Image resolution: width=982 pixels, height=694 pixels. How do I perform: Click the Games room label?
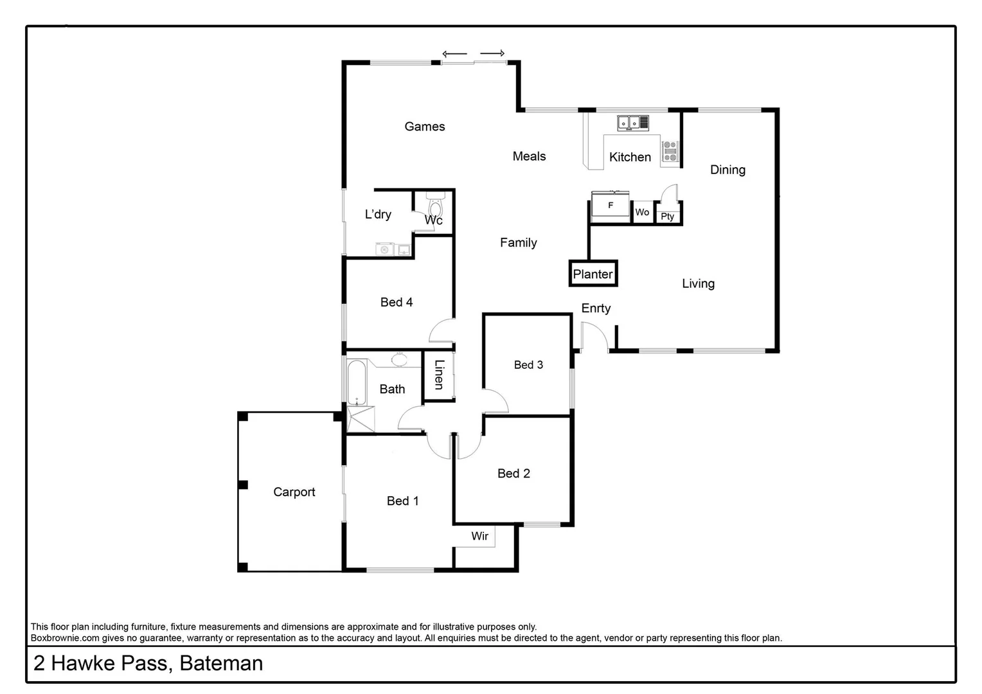pyautogui.click(x=424, y=127)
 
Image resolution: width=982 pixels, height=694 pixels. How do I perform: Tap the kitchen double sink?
pyautogui.click(x=629, y=122)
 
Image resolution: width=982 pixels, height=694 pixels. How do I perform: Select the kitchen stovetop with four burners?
pyautogui.click(x=670, y=151)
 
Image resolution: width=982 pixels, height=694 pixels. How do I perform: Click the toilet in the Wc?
pyautogui.click(x=435, y=207)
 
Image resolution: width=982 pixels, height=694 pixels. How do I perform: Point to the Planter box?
pyautogui.click(x=593, y=274)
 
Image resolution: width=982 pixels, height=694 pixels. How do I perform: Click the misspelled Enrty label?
pyautogui.click(x=596, y=308)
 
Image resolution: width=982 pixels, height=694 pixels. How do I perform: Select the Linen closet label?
pyautogui.click(x=439, y=375)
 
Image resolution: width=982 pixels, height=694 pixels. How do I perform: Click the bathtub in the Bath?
pyautogui.click(x=355, y=382)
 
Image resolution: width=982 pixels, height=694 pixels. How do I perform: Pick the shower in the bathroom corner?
pyautogui.click(x=360, y=420)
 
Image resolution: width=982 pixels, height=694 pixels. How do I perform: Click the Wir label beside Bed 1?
pyautogui.click(x=479, y=536)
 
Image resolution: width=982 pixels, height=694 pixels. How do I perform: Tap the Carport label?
pyautogui.click(x=294, y=492)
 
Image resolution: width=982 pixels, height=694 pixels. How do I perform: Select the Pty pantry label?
pyautogui.click(x=667, y=217)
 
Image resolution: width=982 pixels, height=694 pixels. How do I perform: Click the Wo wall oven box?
pyautogui.click(x=642, y=212)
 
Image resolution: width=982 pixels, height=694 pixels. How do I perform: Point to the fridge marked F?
pyautogui.click(x=610, y=206)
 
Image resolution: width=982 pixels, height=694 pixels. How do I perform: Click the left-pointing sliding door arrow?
pyautogui.click(x=454, y=54)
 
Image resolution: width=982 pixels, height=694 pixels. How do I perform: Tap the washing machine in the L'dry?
pyautogui.click(x=384, y=249)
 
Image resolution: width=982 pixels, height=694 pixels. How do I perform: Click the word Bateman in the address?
pyautogui.click(x=221, y=663)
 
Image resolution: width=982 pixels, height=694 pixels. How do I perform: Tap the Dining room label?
pyautogui.click(x=728, y=170)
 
